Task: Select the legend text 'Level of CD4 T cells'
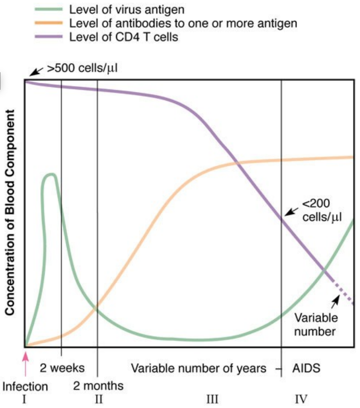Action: [124, 37]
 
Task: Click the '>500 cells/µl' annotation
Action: [83, 69]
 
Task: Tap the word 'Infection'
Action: [25, 387]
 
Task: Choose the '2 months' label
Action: [98, 386]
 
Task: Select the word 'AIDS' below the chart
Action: [306, 368]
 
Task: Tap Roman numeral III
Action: [211, 399]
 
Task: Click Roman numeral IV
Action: [301, 399]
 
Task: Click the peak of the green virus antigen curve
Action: [49, 175]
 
